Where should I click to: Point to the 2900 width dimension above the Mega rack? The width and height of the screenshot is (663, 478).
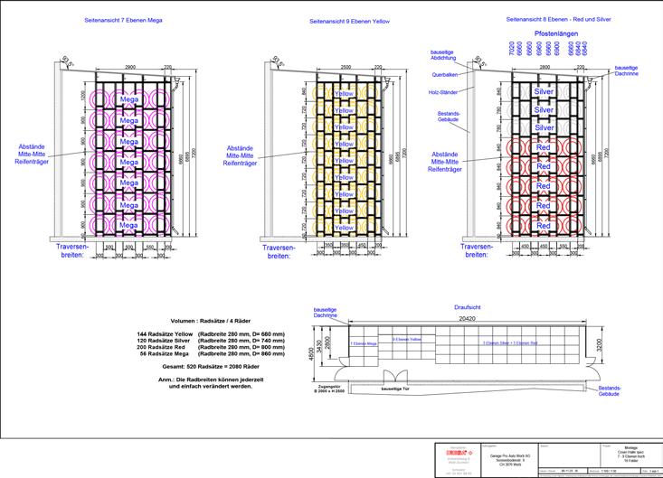(x=130, y=68)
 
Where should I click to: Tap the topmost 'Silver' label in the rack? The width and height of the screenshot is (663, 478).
(x=544, y=92)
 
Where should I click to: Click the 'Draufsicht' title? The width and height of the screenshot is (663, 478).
(x=467, y=307)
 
